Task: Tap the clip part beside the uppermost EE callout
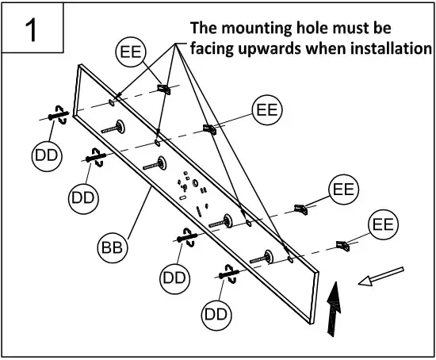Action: coord(166,87)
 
